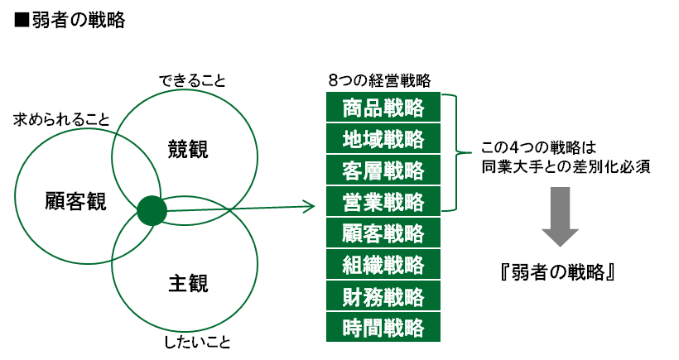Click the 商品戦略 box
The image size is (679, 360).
pos(383,108)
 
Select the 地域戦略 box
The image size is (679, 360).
pos(383,139)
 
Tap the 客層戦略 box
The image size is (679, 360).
pos(383,170)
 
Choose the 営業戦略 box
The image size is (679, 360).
pos(383,202)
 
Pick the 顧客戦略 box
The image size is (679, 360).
pos(383,233)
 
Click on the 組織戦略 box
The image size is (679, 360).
pos(383,265)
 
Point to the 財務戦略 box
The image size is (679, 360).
pos(383,296)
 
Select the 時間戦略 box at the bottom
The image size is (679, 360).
pos(383,328)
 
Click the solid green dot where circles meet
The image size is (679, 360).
pos(152,210)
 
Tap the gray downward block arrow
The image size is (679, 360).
pos(561,215)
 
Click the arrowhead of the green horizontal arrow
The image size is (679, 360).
pos(311,206)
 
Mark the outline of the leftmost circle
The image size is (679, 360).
pos(15,196)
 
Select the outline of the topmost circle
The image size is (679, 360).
pos(185,89)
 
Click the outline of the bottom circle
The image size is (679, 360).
pos(185,332)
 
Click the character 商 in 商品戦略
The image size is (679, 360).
pos(352,108)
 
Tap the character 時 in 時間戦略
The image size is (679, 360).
pos(352,328)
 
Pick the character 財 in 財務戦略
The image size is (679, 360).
pos(352,296)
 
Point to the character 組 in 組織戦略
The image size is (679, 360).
pos(352,265)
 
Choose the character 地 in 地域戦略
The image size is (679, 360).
pos(352,139)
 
